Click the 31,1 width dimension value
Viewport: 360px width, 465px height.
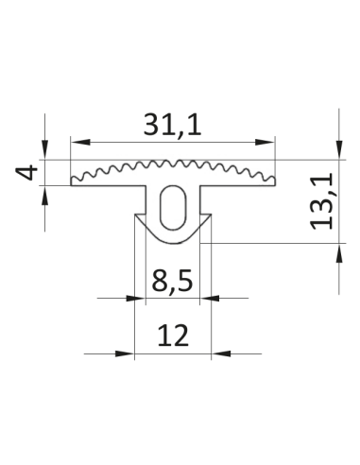(x=172, y=125)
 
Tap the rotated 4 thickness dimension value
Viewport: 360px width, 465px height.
(x=26, y=172)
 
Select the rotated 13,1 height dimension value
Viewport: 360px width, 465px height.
(x=321, y=201)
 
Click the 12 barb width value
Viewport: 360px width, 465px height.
(x=173, y=336)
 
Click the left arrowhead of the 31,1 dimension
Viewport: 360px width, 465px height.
(x=80, y=142)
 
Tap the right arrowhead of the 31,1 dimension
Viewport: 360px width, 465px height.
(x=265, y=142)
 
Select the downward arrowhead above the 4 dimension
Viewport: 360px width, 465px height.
(x=45, y=149)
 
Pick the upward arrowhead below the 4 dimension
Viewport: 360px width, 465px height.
(x=45, y=196)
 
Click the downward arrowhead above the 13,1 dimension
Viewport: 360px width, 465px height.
(x=339, y=149)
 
